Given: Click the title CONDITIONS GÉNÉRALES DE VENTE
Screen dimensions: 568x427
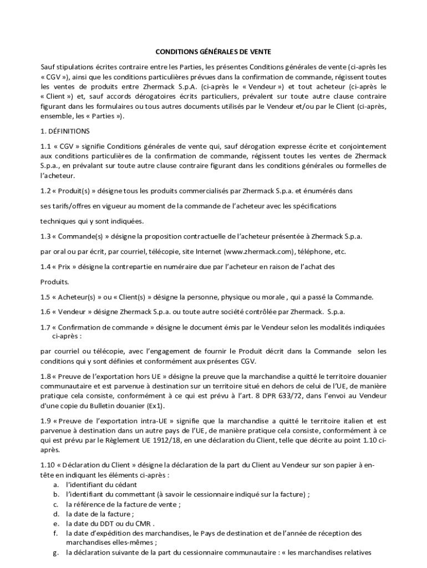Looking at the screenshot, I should pos(213,52).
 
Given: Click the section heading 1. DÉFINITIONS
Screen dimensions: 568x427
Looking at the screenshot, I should pos(64,131).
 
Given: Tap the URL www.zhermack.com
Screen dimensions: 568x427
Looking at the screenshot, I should pos(258,251).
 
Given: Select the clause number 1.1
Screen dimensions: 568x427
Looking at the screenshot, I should pos(45,146).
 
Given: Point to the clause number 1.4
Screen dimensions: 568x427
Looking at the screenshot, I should pos(45,266).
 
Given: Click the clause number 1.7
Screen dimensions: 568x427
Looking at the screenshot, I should pos(45,327).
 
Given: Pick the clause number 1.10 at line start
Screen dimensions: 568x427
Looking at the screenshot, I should pos(48,464).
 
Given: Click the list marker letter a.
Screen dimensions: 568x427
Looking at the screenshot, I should pos(55,484).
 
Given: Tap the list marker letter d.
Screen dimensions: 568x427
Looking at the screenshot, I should pos(55,514).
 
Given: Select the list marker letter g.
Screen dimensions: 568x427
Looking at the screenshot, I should pos(55,552).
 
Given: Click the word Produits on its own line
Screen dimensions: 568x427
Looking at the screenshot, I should pos(54,281).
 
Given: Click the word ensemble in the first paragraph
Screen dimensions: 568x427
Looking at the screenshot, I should pos(57,116).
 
